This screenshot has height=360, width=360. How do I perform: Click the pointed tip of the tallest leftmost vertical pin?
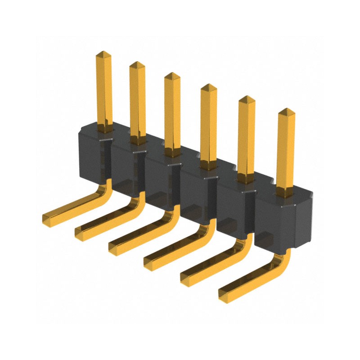(103, 53)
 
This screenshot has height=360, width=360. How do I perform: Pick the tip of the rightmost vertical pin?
(284, 110)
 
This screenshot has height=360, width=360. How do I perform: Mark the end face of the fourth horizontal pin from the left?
(149, 261)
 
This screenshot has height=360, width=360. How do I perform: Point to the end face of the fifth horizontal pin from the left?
(185, 277)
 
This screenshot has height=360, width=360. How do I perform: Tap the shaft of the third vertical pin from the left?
(172, 112)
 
